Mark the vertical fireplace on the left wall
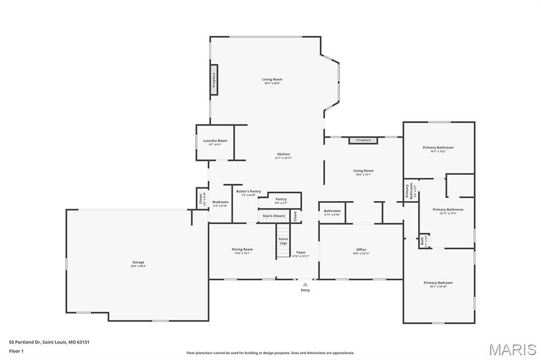214,80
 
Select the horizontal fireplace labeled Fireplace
363,140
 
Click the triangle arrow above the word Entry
305,285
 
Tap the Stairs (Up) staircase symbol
284,241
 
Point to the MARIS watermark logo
512,349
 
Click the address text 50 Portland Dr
49,342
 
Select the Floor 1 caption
16,350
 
